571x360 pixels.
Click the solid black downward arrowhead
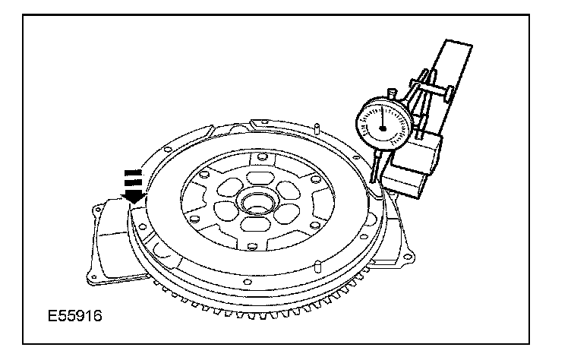pyautogui.click(x=134, y=196)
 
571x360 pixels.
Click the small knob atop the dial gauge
pyautogui.click(x=392, y=93)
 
